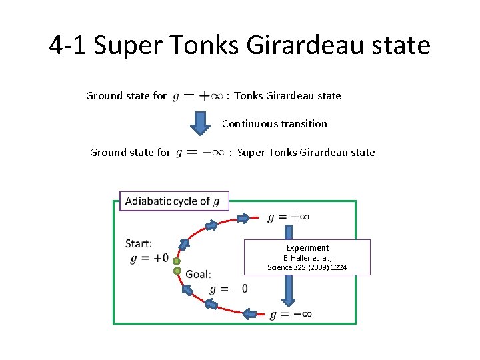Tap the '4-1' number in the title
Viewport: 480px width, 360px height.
coord(68,46)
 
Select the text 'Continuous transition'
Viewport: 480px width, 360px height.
coord(274,123)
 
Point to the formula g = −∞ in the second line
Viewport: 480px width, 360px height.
coord(199,153)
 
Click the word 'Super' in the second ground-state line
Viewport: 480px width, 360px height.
coord(251,153)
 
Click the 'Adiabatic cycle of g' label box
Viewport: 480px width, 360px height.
coord(173,201)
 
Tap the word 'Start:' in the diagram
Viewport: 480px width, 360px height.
coord(139,243)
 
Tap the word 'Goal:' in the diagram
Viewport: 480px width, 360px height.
coord(198,274)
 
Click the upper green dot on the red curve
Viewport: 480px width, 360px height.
coord(177,261)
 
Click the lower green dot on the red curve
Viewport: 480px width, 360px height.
coord(177,271)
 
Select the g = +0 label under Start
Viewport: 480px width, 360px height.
coord(149,258)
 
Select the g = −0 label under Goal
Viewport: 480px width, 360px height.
coord(228,289)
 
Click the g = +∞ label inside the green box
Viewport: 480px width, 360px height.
coord(288,217)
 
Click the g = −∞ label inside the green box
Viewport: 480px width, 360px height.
coord(291,315)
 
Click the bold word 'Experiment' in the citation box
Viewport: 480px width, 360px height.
coord(307,247)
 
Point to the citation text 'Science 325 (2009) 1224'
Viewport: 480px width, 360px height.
coord(307,267)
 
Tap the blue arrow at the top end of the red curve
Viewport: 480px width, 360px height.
coord(246,217)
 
